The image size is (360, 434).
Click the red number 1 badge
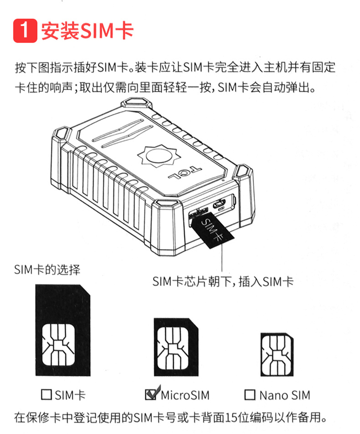25,30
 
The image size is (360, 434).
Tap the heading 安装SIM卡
87,30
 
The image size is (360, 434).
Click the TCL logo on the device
185,172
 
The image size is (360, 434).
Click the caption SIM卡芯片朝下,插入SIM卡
223,281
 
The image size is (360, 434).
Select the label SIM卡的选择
48,269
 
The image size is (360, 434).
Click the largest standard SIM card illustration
63,330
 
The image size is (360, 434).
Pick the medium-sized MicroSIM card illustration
176,347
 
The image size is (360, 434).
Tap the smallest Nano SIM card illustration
276,355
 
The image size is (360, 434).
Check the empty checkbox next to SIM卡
46,395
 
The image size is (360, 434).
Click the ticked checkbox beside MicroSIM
151,394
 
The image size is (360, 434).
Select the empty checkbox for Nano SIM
250,395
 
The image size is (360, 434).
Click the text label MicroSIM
185,395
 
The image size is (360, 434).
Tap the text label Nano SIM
285,395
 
